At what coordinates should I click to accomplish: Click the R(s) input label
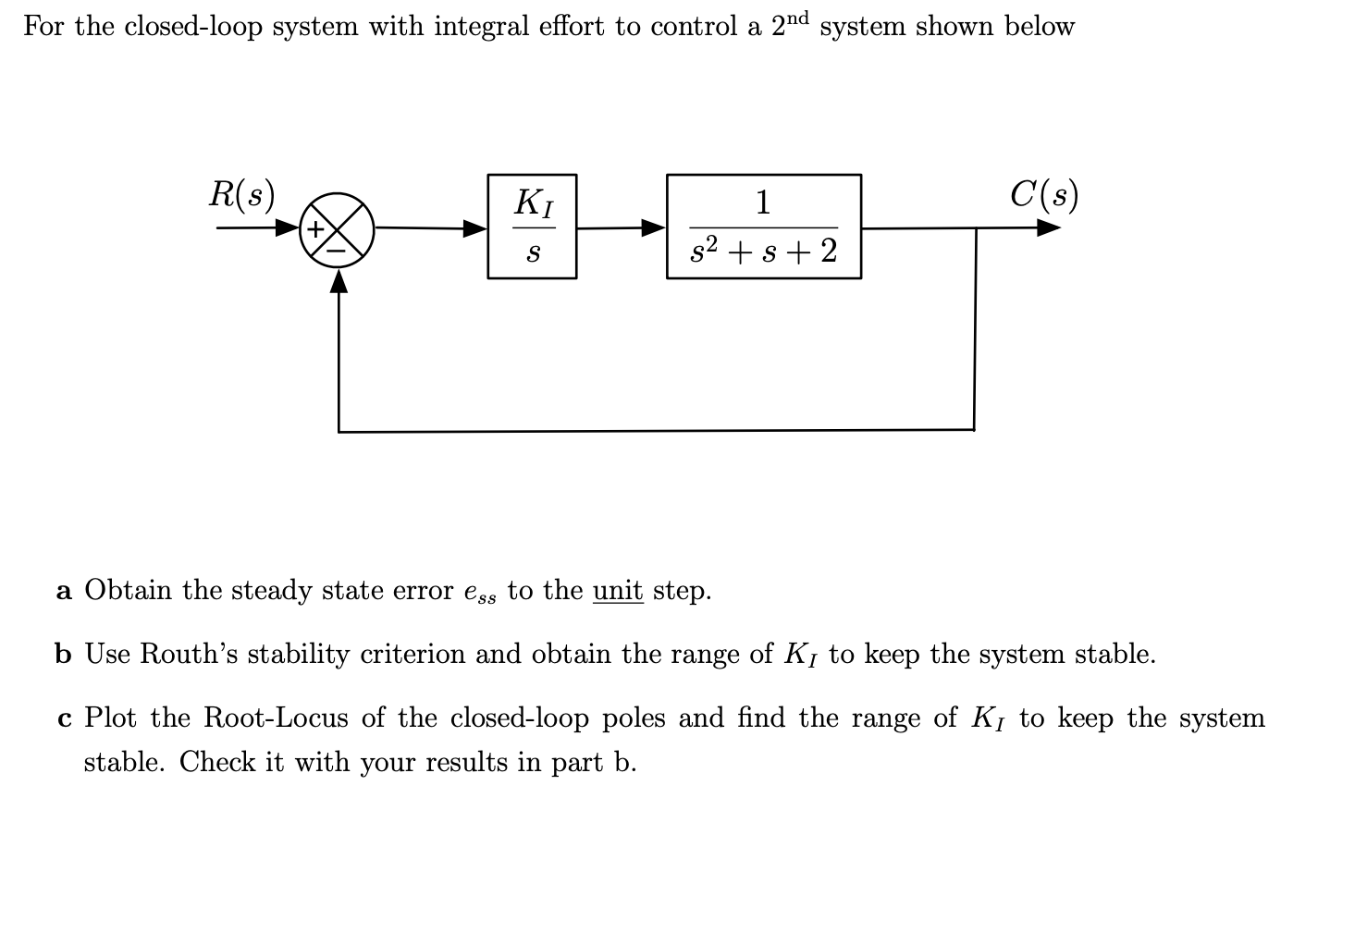pos(241,194)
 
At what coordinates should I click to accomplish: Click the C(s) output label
pos(1044,194)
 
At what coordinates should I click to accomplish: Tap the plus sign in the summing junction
pos(317,227)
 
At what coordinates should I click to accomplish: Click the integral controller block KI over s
pos(532,227)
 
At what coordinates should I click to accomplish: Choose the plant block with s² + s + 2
pos(764,227)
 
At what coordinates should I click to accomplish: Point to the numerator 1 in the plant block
pos(763,202)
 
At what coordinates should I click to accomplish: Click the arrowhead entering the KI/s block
pos(475,227)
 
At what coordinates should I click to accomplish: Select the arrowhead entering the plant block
pos(654,227)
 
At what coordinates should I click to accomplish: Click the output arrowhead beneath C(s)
pos(1048,227)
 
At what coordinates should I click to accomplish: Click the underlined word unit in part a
pos(618,590)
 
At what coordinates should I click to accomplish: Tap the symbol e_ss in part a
pos(479,593)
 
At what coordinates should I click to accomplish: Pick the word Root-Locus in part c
pos(276,718)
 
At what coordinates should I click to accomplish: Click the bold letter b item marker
pos(63,655)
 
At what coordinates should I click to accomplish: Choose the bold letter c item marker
pos(64,718)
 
